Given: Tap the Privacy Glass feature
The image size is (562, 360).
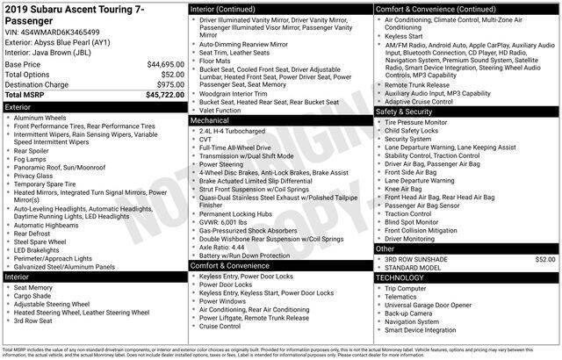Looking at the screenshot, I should click(36, 176).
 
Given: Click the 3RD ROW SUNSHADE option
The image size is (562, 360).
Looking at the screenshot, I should click(421, 284).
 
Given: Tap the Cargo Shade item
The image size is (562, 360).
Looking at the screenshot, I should click(35, 296).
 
